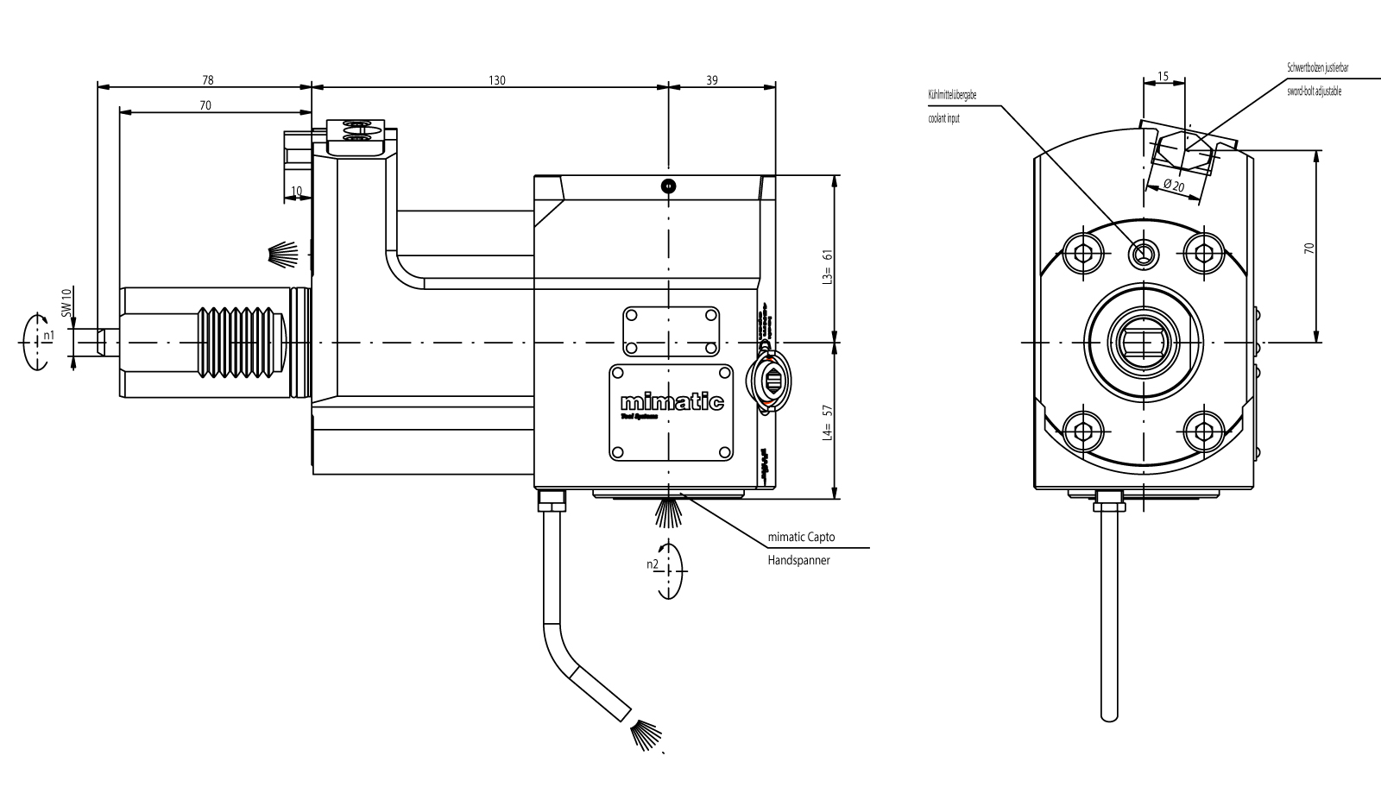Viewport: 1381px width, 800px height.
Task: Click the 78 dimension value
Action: click(207, 80)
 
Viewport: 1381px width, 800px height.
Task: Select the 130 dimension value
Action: click(496, 80)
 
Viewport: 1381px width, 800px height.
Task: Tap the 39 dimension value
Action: click(712, 80)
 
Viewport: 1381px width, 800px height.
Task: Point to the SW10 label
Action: click(66, 302)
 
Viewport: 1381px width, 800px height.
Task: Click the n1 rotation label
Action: click(49, 335)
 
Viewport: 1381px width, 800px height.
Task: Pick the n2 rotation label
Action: click(653, 564)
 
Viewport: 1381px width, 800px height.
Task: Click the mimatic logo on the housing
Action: click(672, 403)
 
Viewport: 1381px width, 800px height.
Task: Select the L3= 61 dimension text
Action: click(827, 268)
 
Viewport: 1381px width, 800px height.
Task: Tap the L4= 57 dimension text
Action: click(827, 423)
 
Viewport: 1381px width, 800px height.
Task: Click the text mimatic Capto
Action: click(801, 538)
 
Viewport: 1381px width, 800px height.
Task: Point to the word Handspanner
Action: click(798, 560)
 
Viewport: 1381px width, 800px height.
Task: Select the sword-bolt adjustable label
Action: click(1314, 91)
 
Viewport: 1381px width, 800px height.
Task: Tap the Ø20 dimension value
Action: click(1174, 186)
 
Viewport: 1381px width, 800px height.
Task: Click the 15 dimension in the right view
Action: click(1163, 77)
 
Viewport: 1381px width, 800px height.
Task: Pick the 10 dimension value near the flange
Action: click(296, 192)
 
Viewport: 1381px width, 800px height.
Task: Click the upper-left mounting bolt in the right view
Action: click(1083, 252)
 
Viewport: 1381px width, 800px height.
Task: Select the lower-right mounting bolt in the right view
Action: click(1201, 429)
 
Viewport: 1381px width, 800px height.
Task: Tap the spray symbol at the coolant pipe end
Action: click(646, 734)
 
